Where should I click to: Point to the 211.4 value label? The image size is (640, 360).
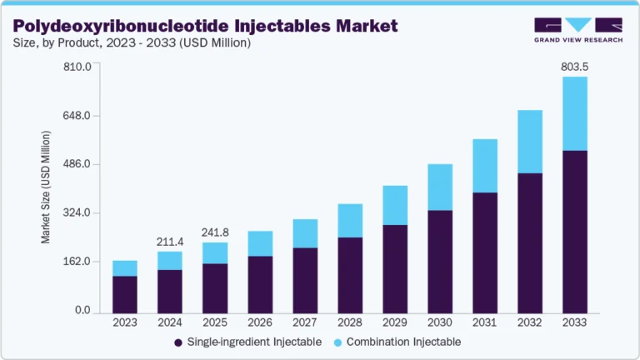[170, 242]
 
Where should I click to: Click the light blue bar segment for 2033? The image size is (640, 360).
[574, 113]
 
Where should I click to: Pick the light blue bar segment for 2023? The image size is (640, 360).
[125, 267]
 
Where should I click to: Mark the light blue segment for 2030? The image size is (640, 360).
[440, 187]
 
